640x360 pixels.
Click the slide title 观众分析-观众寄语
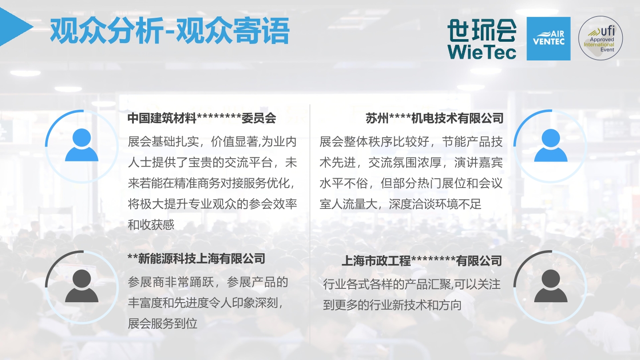170,31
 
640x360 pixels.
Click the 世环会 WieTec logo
482,39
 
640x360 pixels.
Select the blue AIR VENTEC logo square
548,39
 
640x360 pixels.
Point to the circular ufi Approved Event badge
600,38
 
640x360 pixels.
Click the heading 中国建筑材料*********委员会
202,118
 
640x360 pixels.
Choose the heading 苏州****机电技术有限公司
434,118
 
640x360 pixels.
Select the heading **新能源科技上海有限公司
196,259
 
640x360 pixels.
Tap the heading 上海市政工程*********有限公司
422,261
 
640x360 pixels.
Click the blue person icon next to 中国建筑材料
82,145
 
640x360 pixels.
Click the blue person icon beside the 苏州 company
551,145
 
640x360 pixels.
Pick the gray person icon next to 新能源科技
82,286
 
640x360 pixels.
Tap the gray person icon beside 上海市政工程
551,286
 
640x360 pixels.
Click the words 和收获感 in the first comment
151,225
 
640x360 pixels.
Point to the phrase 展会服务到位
163,324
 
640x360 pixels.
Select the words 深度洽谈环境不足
435,204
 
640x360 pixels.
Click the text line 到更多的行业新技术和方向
392,305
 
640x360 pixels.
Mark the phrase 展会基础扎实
163,142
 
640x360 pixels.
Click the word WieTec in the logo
482,52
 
